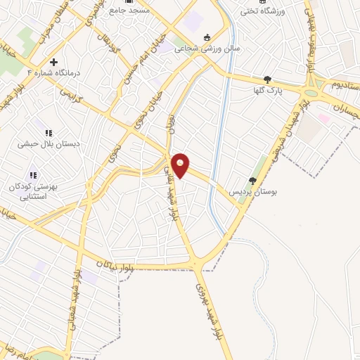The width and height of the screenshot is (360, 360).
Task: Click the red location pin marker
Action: click(x=181, y=165)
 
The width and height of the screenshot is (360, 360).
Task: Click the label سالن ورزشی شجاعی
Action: click(x=207, y=50)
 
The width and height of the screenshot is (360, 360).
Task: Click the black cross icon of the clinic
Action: click(x=53, y=62)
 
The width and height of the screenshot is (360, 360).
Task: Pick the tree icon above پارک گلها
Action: click(x=267, y=80)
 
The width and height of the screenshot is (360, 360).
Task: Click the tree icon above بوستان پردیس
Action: click(x=252, y=181)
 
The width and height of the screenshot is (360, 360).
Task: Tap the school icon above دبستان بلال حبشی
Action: click(x=48, y=133)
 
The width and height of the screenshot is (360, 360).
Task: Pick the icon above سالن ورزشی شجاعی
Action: click(x=207, y=38)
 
